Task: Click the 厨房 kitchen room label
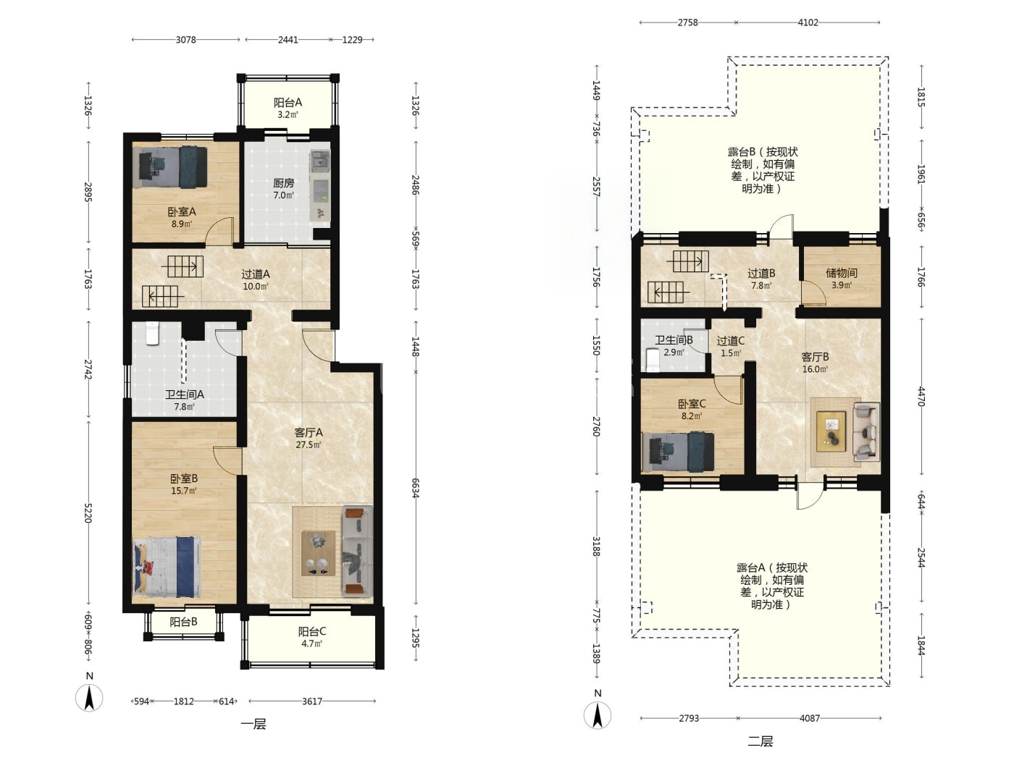click(283, 183)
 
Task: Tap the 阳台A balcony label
click(288, 103)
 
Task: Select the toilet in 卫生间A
click(152, 333)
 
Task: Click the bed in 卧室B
click(167, 566)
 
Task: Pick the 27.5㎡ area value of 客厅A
click(308, 445)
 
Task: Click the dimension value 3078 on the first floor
click(185, 40)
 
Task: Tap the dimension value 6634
click(415, 488)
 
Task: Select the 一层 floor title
click(253, 724)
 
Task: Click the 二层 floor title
click(760, 741)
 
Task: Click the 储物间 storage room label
click(841, 273)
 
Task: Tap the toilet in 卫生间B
click(653, 360)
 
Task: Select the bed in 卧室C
click(678, 452)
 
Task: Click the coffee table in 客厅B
click(831, 431)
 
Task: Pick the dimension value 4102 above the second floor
click(808, 22)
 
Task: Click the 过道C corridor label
click(730, 341)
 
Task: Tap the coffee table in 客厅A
click(318, 553)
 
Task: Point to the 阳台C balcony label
click(312, 631)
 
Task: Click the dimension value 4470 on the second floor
click(921, 397)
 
